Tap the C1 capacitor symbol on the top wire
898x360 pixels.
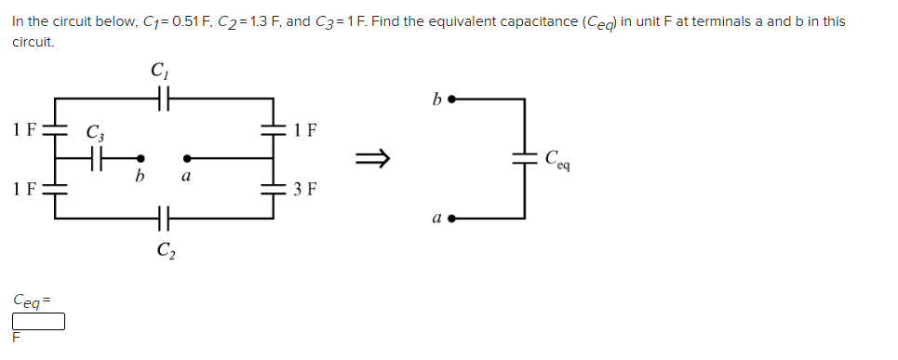coord(163,96)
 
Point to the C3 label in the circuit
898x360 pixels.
coord(94,133)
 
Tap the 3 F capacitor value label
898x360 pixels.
coord(305,191)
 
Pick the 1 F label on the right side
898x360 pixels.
coord(305,130)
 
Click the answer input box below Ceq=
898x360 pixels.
coord(38,322)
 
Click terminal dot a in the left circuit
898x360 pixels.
coord(188,158)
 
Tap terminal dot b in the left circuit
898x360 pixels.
coord(141,158)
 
